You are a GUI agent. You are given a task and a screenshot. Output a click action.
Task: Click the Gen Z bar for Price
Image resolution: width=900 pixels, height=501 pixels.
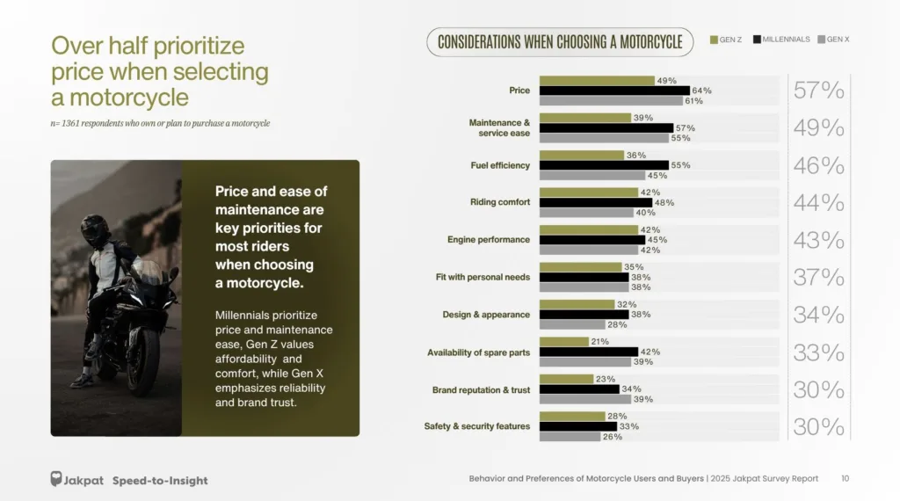[x=597, y=80]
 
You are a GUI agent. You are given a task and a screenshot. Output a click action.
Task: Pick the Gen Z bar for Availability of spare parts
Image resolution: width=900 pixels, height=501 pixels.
[x=563, y=342]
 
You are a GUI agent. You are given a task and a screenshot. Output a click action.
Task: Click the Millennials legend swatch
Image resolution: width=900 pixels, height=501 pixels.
[x=756, y=40]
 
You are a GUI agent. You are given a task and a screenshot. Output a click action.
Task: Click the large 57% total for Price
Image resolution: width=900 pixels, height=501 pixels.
[x=818, y=91]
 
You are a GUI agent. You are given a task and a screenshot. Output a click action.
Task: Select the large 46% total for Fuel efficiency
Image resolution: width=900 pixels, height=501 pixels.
[x=818, y=165]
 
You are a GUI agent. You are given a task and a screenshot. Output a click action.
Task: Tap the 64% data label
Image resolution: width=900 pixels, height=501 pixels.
[x=701, y=91]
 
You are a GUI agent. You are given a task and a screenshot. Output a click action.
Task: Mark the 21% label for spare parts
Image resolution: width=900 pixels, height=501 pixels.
[x=600, y=342]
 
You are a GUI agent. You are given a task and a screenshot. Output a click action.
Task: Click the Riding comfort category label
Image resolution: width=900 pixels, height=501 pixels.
[x=500, y=202]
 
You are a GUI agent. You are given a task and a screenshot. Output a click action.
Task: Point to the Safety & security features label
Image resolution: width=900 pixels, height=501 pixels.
[x=477, y=426]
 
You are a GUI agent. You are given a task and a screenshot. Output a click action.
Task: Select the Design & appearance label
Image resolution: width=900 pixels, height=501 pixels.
[x=486, y=315]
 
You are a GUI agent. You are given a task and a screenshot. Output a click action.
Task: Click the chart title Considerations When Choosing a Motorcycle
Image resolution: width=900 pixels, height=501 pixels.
[x=560, y=41]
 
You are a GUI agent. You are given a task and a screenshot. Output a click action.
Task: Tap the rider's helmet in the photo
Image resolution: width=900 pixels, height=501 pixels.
[x=93, y=230]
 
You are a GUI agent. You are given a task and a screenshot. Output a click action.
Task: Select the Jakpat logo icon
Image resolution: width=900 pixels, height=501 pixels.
[x=56, y=479]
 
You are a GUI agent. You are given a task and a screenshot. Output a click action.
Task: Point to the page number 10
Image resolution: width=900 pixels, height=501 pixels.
[x=845, y=479]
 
